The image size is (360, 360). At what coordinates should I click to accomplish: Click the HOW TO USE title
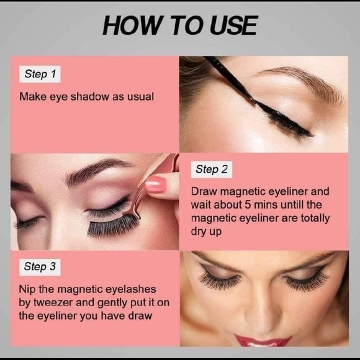tap(179, 25)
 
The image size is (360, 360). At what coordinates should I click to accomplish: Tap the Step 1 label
tap(40, 74)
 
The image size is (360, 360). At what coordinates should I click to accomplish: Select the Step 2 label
tap(212, 169)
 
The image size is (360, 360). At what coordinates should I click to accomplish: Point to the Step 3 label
tap(40, 267)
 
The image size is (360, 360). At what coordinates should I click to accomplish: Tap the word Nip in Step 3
tap(27, 289)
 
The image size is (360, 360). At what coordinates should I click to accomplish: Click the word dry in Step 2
tap(199, 231)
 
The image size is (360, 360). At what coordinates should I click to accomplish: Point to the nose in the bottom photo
tap(263, 304)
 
